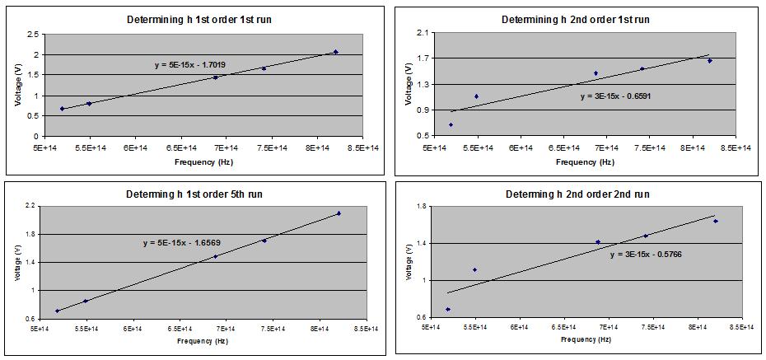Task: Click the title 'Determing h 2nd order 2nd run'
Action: point(577,194)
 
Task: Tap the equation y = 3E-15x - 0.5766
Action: point(646,255)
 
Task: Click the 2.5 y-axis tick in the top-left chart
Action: point(33,34)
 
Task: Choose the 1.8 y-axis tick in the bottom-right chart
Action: point(418,206)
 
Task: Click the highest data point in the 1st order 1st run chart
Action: point(335,52)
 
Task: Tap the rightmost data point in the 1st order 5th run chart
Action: point(339,213)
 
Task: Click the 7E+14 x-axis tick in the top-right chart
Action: point(606,148)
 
